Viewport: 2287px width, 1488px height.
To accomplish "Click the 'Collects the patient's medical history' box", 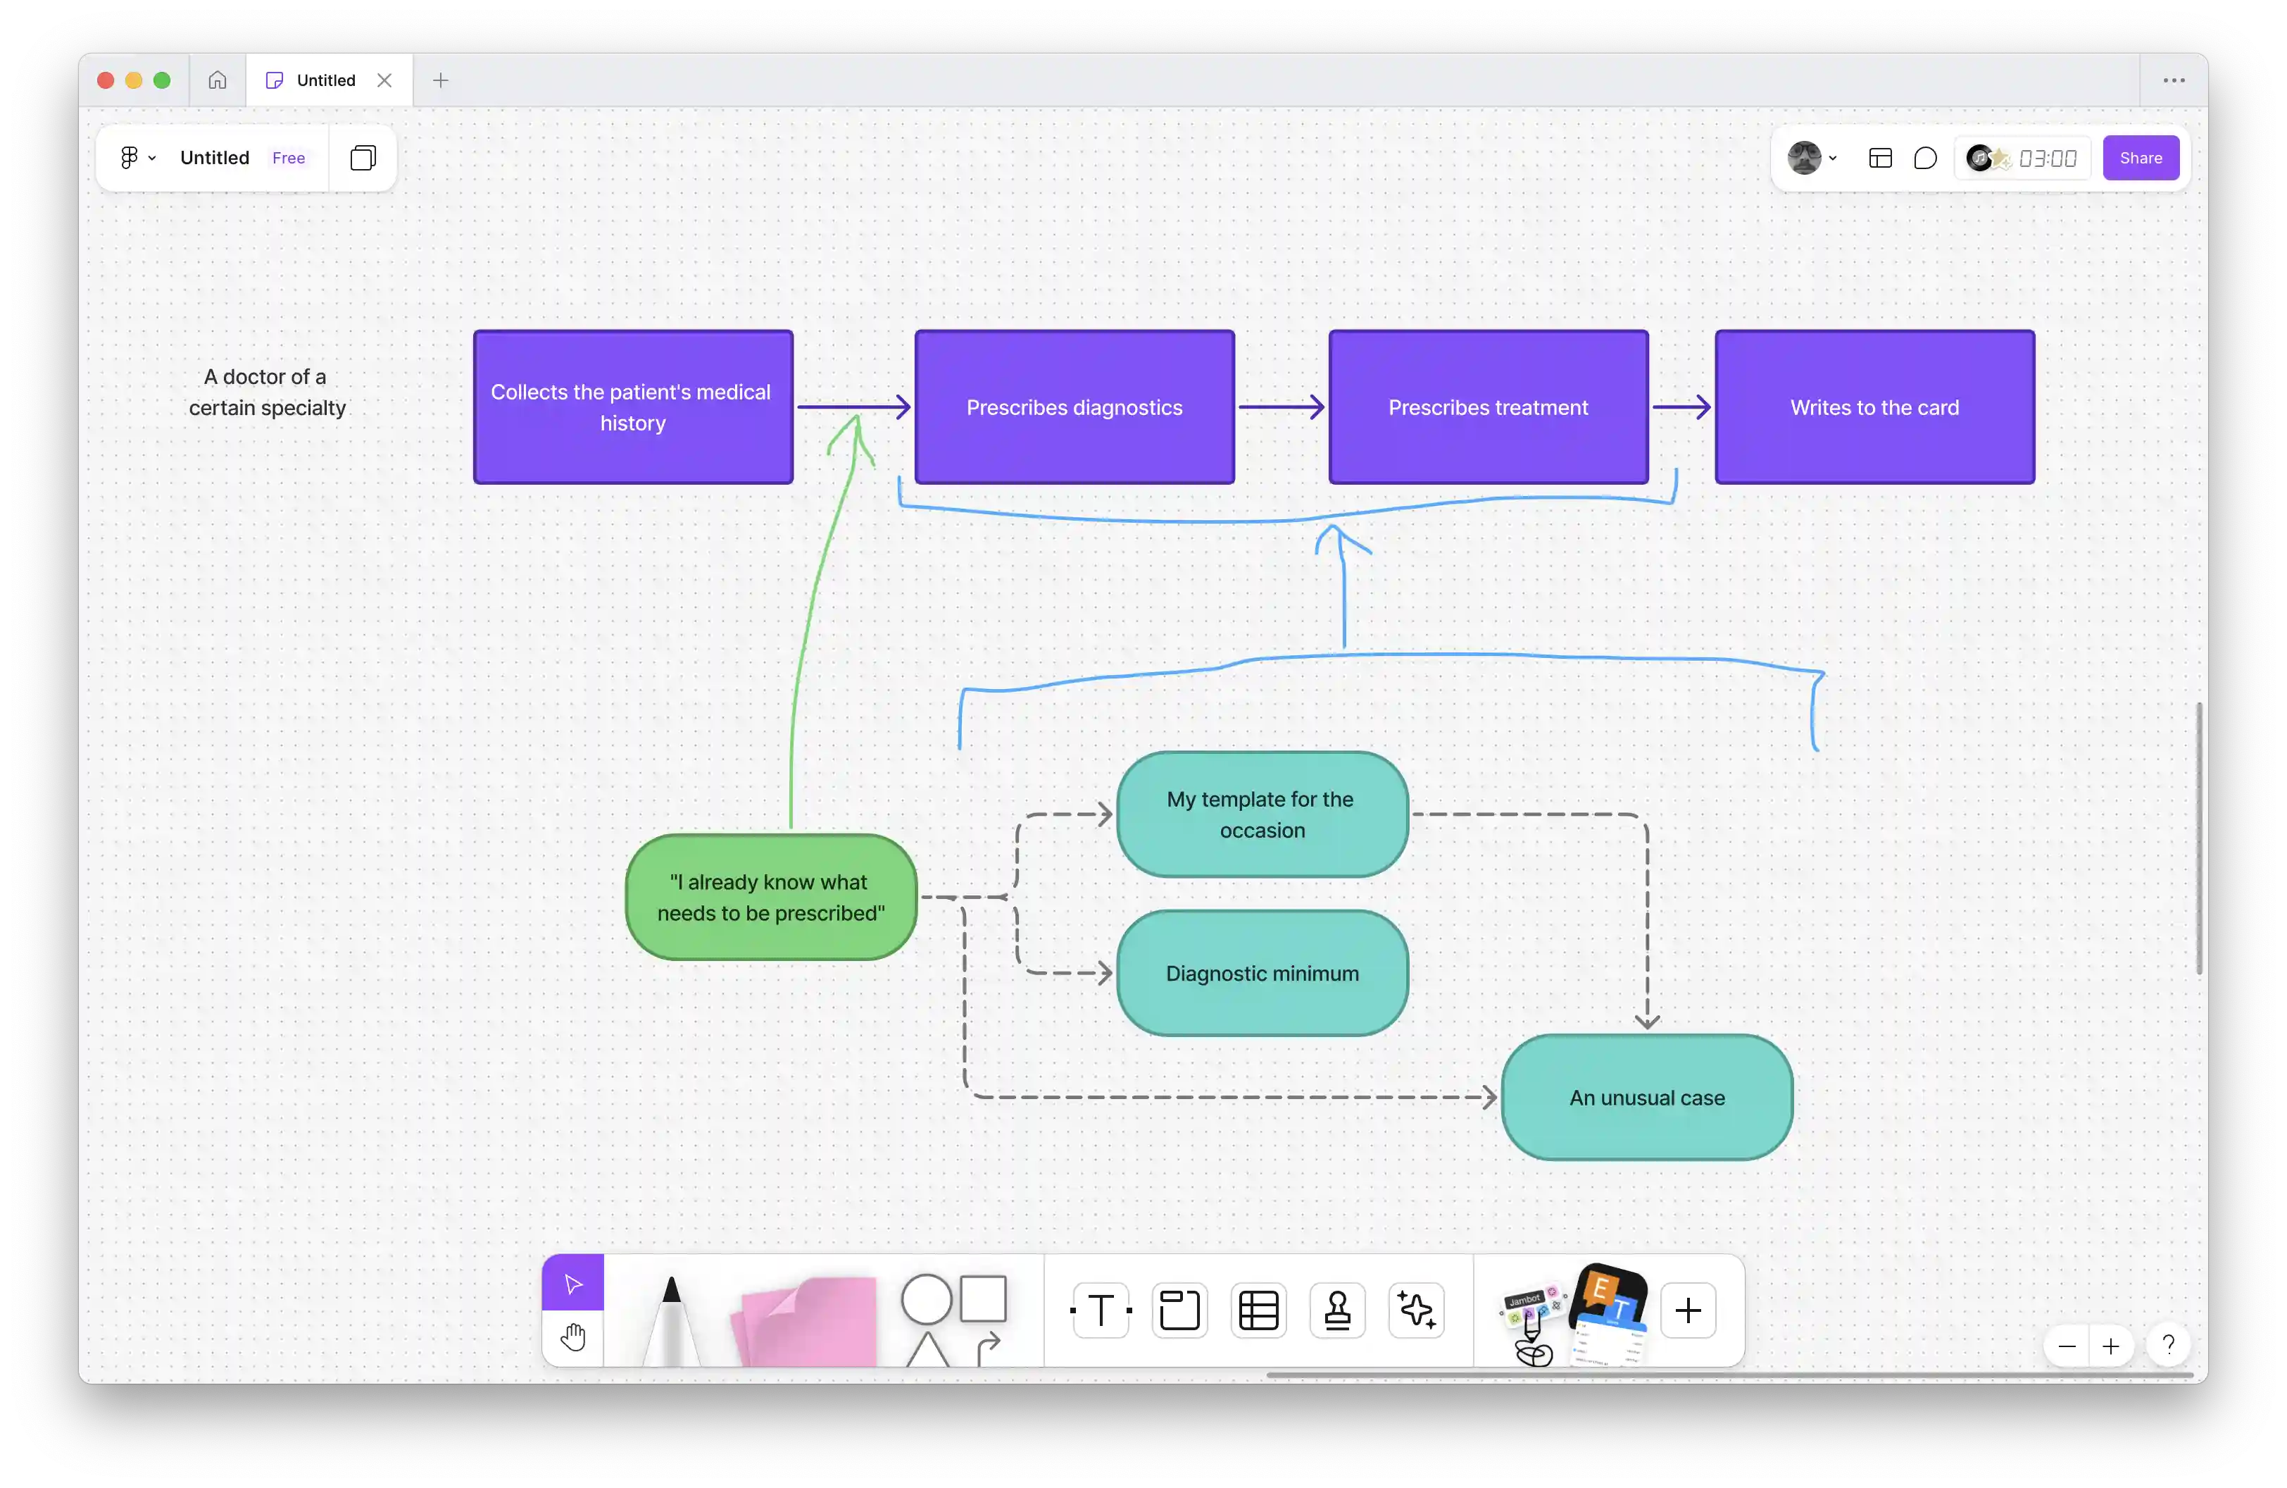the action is (633, 407).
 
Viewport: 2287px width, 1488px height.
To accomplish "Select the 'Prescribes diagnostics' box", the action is (1074, 407).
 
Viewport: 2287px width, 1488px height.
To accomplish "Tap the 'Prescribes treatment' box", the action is (1489, 407).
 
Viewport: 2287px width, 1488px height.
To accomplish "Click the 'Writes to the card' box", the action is (1875, 407).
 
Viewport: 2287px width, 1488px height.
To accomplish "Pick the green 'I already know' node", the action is (770, 897).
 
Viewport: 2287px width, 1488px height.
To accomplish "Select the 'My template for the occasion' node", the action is (1262, 814).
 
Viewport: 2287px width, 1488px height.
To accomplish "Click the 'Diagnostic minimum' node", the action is (1262, 973).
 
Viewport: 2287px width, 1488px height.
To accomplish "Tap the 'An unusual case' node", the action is (1647, 1097).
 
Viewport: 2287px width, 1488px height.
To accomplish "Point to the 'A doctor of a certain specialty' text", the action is (266, 392).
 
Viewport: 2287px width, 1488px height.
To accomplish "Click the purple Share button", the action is (2141, 158).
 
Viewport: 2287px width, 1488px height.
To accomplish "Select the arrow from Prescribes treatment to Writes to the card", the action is (1681, 407).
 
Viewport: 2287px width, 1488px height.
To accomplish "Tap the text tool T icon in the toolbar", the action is (1101, 1309).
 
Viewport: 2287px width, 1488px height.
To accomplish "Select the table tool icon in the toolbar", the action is (1258, 1309).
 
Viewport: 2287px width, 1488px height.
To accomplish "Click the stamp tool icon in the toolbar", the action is (1336, 1309).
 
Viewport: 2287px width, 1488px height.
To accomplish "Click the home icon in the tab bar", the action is (217, 80).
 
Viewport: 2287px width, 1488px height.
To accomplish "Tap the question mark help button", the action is (2168, 1345).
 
